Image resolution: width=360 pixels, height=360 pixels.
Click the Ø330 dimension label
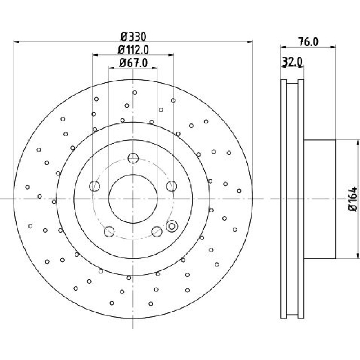click(134, 37)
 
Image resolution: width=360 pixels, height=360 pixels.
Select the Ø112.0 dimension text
click(133, 50)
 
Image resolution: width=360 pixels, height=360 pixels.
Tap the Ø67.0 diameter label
click(133, 63)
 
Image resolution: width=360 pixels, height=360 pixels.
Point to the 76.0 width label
click(308, 42)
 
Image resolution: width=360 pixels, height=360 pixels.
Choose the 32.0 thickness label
click(292, 62)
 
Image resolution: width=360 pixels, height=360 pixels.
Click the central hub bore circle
click(109, 199)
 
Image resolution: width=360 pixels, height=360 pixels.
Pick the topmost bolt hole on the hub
click(133, 158)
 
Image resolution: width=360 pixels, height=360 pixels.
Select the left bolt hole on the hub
click(94, 186)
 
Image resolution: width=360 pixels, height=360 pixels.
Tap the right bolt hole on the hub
click(172, 186)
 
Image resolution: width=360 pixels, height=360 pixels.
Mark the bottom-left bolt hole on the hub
click(109, 231)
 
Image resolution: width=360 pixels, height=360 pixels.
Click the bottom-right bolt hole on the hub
click(157, 231)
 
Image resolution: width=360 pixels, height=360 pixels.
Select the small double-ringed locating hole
click(172, 226)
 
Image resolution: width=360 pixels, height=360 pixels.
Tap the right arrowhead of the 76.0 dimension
click(333, 47)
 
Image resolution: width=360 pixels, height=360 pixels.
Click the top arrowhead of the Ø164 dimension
click(357, 143)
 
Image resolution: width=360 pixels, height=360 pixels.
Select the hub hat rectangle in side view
click(320, 199)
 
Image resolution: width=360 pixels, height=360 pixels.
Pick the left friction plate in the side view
click(284, 199)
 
